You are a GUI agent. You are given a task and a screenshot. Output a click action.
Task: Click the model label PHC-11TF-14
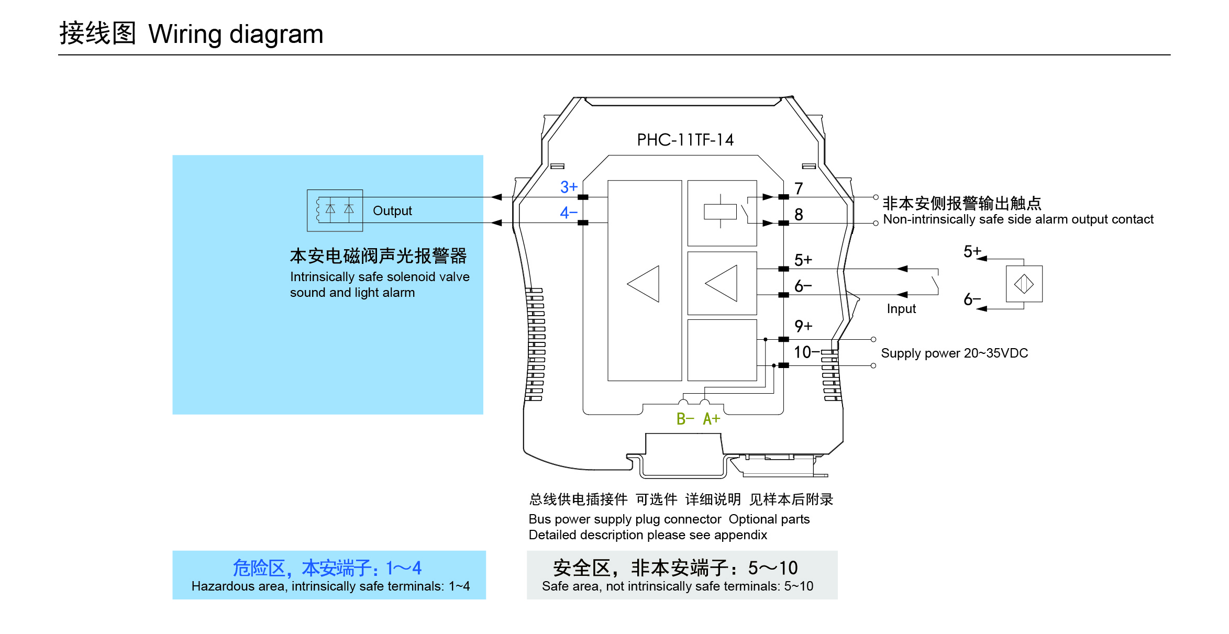click(x=685, y=140)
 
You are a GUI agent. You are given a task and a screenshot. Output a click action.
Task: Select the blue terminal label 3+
click(x=569, y=187)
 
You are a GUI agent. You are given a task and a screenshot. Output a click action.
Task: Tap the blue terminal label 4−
click(x=569, y=213)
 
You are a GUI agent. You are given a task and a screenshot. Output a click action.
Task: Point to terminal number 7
click(x=799, y=188)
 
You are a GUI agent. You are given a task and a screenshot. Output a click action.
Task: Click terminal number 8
click(x=799, y=215)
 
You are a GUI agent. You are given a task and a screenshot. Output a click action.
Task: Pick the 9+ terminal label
click(x=803, y=326)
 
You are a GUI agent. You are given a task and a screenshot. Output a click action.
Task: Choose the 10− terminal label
click(x=805, y=352)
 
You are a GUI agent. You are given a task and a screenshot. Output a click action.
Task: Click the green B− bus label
click(x=685, y=419)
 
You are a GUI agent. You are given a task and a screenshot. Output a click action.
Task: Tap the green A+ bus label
click(x=712, y=419)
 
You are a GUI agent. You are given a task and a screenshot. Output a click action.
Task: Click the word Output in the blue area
click(x=392, y=210)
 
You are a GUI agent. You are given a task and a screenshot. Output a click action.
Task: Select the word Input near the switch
click(x=901, y=309)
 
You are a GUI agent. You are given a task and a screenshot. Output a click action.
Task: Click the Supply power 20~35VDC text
click(x=954, y=353)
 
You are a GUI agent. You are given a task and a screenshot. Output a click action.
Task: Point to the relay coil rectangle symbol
click(x=720, y=212)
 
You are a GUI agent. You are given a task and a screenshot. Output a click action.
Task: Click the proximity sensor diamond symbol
click(x=1024, y=284)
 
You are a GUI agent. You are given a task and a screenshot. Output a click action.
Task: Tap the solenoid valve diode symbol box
click(x=335, y=210)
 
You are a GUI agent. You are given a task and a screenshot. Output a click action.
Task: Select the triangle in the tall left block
click(x=644, y=284)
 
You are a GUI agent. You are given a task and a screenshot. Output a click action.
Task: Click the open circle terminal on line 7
click(x=876, y=197)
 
